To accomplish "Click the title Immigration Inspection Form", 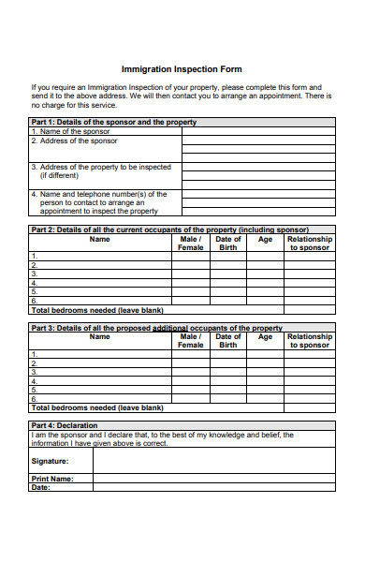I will (x=182, y=68).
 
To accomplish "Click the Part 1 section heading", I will (x=113, y=122).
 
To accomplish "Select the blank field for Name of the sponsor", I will (x=257, y=131).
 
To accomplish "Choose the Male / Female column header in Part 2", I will (x=190, y=244).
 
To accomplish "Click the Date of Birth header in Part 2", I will (x=228, y=244).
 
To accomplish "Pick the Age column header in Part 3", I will (x=265, y=337).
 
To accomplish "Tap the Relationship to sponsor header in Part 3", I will (x=309, y=341).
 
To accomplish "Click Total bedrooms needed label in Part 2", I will (x=97, y=310).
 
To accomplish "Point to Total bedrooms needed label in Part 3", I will (x=97, y=408).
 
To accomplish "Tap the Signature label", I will (x=50, y=461).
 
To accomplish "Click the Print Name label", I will (x=52, y=479).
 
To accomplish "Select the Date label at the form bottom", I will (x=40, y=487).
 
